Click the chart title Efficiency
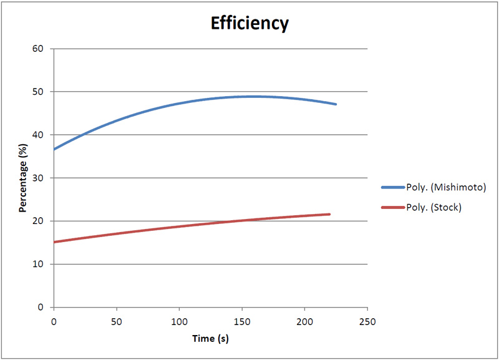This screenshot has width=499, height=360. click(x=249, y=24)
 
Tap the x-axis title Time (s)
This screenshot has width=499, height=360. click(x=210, y=339)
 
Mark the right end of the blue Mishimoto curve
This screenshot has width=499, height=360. click(x=336, y=104)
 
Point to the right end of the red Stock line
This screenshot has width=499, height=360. click(x=329, y=214)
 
